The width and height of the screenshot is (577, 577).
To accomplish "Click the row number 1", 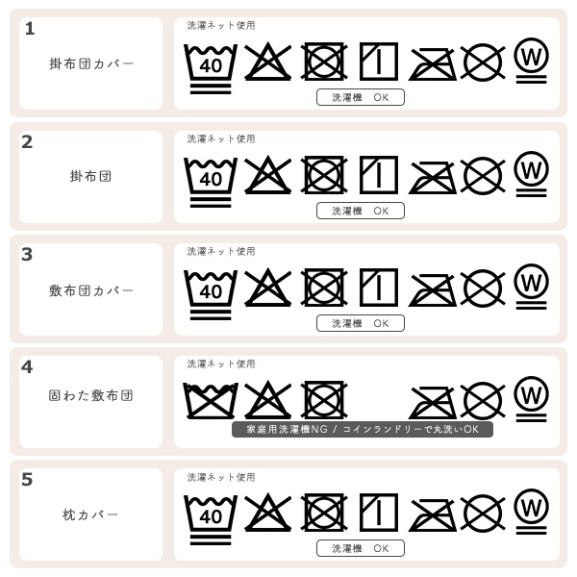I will tap(30, 29).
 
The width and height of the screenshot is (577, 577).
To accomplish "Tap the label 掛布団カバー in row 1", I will tap(91, 63).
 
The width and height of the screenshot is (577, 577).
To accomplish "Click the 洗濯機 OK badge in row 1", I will tap(361, 97).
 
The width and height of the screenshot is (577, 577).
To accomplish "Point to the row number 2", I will tap(27, 142).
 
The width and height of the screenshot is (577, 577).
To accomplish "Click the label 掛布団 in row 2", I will tap(91, 177).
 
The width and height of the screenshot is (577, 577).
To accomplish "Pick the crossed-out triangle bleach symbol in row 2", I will tap(268, 175).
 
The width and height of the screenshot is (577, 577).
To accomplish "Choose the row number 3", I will tap(27, 255).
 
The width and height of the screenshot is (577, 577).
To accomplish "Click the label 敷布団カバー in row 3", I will tap(91, 290).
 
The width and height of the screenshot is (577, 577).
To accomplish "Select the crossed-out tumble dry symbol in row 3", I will tap(324, 287).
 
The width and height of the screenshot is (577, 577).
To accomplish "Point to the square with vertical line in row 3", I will tap(379, 287).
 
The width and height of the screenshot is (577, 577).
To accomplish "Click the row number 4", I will tap(27, 367).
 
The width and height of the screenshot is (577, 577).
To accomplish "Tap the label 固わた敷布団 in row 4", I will tap(91, 395).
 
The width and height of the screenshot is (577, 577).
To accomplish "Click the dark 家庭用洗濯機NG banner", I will tap(363, 429).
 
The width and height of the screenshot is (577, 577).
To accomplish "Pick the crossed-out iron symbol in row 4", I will tap(433, 401).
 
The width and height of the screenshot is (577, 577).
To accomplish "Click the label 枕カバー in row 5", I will tap(91, 515).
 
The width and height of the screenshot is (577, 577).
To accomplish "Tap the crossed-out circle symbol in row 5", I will tap(483, 513).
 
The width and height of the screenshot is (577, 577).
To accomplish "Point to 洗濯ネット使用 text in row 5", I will tap(221, 477).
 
